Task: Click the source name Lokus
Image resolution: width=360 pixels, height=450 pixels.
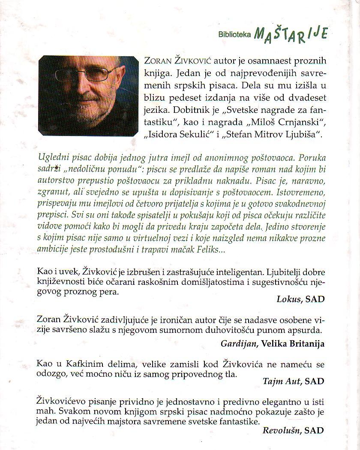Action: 286,299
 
